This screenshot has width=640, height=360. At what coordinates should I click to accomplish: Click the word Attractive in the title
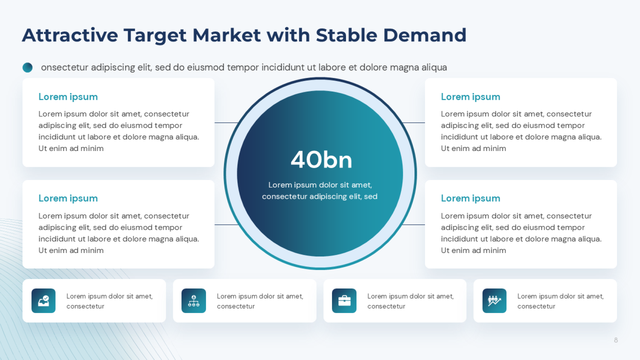coord(70,35)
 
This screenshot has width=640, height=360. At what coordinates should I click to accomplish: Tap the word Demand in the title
coord(425,35)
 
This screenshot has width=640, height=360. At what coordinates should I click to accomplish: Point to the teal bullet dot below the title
coord(27,67)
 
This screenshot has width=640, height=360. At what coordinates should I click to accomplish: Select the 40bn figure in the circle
coord(321,160)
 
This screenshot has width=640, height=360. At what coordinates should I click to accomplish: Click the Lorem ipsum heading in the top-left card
coord(68,97)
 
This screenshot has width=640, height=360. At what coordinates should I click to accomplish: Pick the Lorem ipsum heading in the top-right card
coord(470,97)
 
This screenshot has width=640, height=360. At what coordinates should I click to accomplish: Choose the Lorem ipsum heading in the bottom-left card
coord(68,198)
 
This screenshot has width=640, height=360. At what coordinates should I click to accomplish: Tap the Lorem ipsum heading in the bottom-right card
coord(470,198)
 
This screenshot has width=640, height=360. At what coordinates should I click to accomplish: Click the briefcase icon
coord(344,301)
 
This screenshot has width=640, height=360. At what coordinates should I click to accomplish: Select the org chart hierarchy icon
coord(194,301)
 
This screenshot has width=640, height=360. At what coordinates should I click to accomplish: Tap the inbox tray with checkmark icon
coord(43,301)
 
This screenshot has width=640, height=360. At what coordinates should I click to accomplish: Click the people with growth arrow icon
coord(495,301)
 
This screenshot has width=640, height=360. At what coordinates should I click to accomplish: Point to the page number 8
coord(616,340)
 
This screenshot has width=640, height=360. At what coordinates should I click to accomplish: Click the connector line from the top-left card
coord(227,123)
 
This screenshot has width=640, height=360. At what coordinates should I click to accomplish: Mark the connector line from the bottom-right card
coord(413,225)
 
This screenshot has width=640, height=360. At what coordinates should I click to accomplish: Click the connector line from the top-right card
coord(413,123)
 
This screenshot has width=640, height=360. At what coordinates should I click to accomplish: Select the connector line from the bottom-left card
coord(227,225)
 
